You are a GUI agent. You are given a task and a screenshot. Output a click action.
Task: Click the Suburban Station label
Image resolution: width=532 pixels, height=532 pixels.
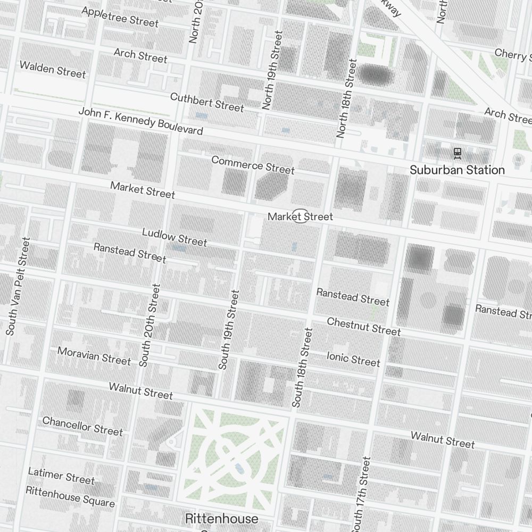[457, 170]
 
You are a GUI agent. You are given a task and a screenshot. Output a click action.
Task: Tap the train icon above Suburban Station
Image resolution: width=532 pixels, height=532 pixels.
[457, 153]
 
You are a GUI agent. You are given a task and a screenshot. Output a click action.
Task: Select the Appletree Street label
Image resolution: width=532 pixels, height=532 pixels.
[120, 18]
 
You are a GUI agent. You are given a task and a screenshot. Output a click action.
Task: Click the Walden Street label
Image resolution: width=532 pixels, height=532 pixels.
[52, 70]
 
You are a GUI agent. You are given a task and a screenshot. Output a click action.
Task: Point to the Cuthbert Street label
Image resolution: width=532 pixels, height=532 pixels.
[207, 102]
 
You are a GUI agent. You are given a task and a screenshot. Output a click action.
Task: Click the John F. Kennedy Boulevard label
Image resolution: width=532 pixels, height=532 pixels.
[140, 121]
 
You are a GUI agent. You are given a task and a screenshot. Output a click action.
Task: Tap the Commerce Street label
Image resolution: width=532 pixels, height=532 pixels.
[253, 164]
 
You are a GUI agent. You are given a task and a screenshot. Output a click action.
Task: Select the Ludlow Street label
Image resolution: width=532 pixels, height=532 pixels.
[174, 237]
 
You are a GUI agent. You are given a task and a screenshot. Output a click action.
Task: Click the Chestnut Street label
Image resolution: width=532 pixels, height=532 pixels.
[364, 326]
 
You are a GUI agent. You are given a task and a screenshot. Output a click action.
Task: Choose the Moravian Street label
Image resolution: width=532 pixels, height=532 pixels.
[94, 356]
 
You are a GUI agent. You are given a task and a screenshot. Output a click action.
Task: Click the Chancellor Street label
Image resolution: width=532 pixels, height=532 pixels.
[82, 426]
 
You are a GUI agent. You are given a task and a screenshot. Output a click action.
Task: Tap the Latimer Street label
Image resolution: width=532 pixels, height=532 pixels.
[61, 476]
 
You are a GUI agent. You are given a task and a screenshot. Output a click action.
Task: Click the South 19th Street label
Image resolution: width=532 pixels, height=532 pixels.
[229, 329]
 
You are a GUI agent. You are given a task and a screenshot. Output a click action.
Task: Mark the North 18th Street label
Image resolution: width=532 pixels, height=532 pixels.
[346, 98]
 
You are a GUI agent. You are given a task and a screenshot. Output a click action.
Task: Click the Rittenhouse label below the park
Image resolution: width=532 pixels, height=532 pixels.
[222, 518]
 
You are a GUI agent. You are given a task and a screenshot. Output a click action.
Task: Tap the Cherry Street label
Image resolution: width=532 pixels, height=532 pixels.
[512, 54]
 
